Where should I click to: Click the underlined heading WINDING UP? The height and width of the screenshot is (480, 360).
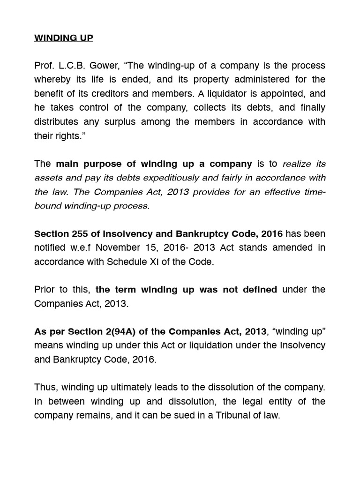pos(64,38)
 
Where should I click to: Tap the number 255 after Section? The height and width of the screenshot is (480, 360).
pos(77,233)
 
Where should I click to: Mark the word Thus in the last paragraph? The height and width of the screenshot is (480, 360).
pos(45,387)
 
